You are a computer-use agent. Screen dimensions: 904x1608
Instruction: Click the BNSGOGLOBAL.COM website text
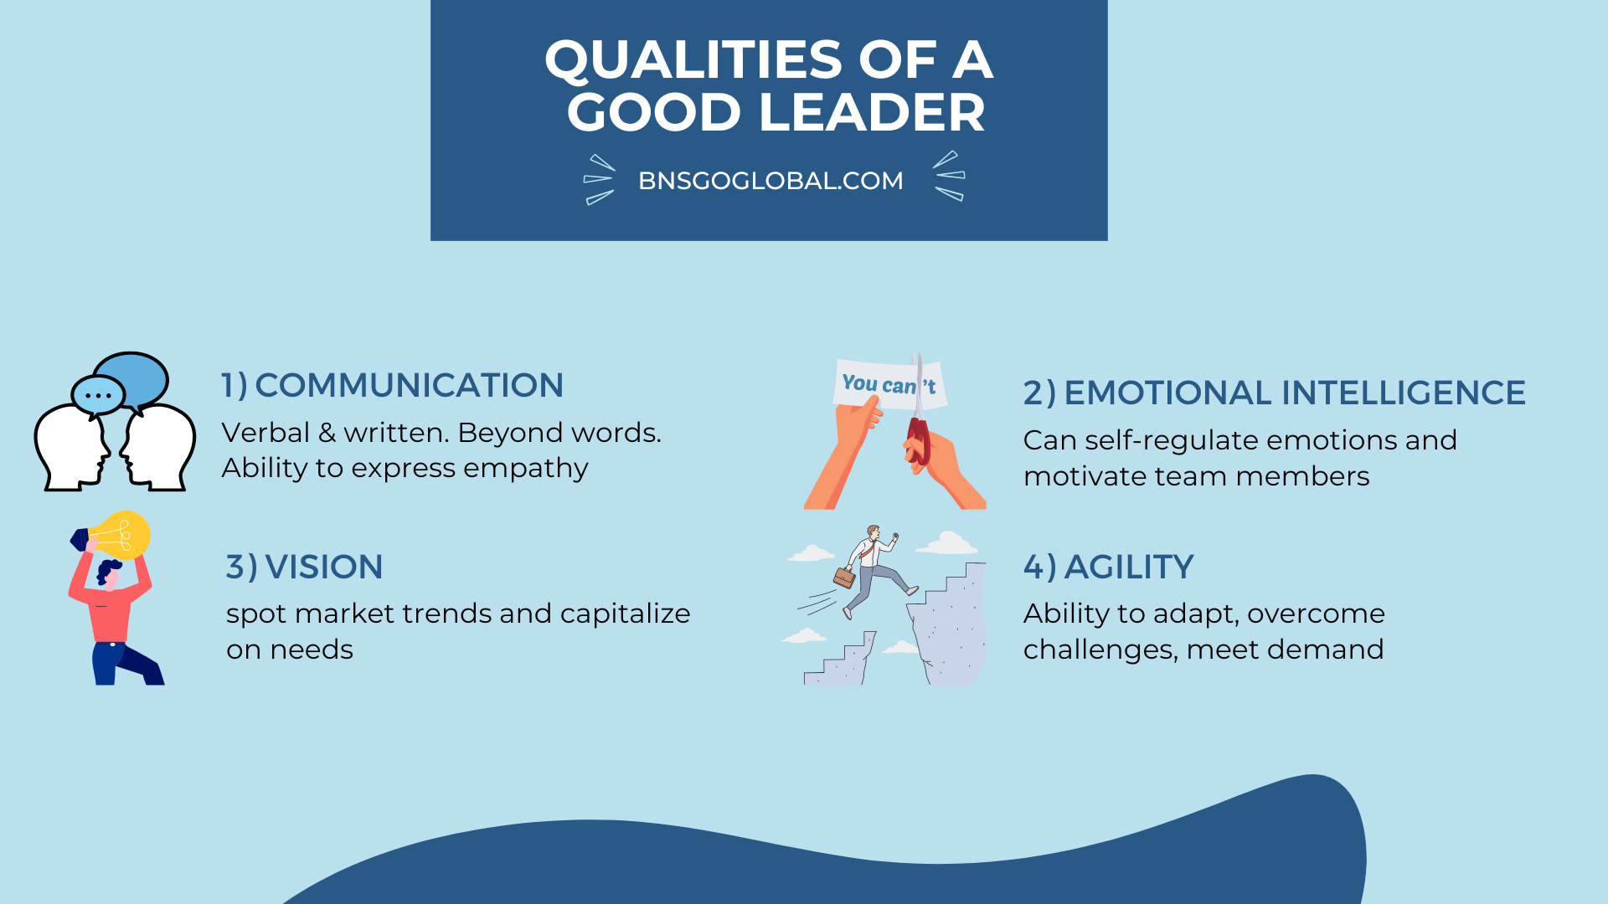(x=770, y=181)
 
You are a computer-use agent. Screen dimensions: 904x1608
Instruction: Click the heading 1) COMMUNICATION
(x=392, y=386)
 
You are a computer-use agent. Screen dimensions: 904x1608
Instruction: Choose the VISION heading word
(x=324, y=568)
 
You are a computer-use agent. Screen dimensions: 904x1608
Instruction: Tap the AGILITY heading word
(x=1129, y=568)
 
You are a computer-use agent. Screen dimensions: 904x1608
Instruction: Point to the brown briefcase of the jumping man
(x=844, y=577)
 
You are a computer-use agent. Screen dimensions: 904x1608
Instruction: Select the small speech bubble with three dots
(x=98, y=395)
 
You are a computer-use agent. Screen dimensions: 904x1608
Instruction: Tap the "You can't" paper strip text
(x=888, y=385)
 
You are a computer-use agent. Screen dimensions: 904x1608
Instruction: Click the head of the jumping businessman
(x=874, y=533)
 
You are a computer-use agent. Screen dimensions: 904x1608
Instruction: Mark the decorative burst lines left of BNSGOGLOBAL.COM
(x=599, y=180)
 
